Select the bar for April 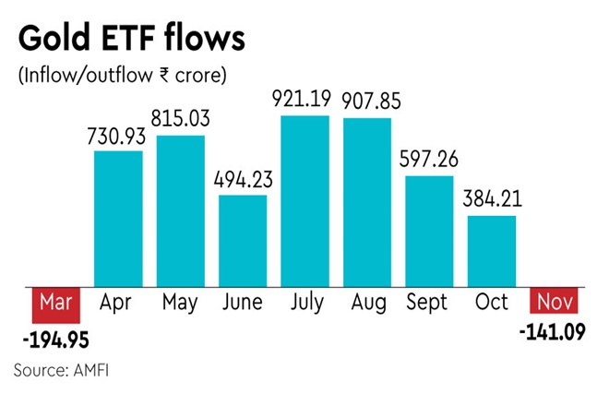[x=118, y=218]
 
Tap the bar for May [x=181, y=210]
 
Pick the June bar [x=243, y=240]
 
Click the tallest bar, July [x=305, y=200]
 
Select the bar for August [x=367, y=201]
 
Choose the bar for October [x=492, y=250]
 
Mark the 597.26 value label [x=430, y=160]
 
